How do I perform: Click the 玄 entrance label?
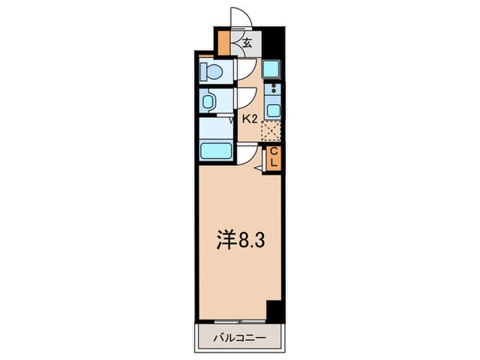[248, 43]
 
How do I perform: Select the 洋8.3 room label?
[238, 239]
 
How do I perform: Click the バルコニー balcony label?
[239, 337]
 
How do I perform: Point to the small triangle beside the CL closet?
[259, 167]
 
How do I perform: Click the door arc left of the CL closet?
[248, 154]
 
